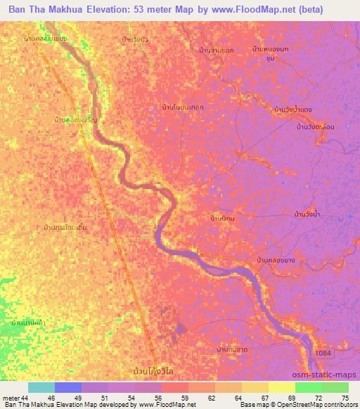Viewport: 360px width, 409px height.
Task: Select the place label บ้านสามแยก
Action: [217, 51]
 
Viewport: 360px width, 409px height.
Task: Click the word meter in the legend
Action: [11, 398]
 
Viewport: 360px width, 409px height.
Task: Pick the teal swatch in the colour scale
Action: [41, 388]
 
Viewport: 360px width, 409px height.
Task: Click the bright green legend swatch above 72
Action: [309, 388]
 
